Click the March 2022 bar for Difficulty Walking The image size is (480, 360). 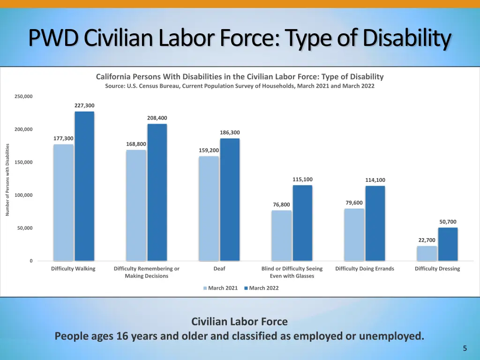(84, 186)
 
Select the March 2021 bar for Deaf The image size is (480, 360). (209, 209)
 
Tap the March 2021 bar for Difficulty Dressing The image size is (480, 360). (427, 254)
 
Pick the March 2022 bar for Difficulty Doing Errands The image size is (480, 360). (375, 223)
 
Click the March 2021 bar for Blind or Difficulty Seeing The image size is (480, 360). (281, 235)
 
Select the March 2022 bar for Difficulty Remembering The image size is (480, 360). (157, 192)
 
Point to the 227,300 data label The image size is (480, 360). (84, 105)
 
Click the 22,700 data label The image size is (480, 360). (427, 240)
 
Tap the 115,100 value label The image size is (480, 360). (302, 180)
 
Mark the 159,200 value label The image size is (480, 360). (209, 150)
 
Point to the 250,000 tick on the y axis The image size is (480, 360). (23, 97)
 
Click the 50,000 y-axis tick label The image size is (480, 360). (25, 228)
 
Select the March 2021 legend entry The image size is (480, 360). (220, 288)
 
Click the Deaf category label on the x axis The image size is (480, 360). (219, 269)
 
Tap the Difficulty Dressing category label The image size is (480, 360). (437, 269)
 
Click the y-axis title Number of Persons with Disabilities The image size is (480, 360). (7, 180)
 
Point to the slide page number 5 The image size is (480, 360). (465, 348)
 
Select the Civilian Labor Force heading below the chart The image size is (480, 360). (240, 322)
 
